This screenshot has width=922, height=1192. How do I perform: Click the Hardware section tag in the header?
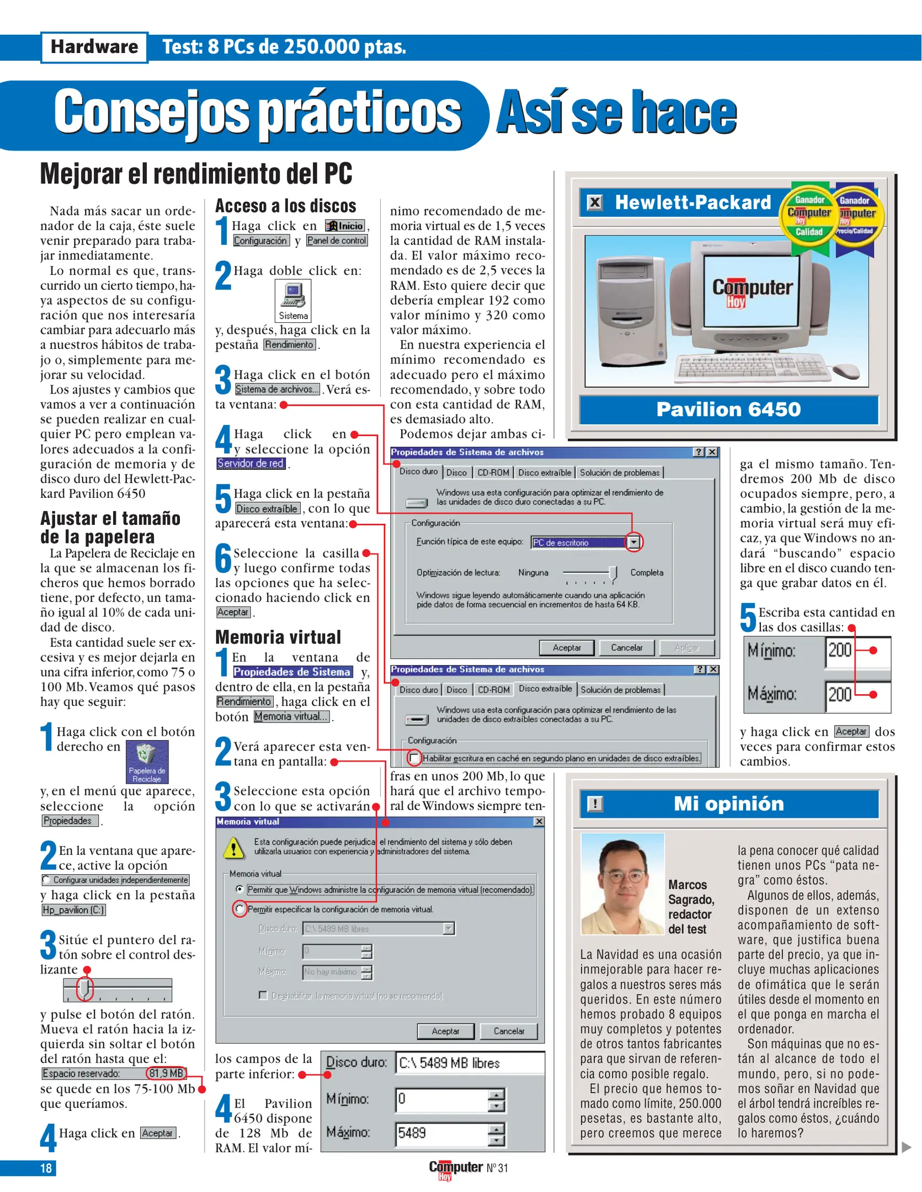(x=94, y=47)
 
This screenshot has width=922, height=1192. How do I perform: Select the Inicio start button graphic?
(x=345, y=226)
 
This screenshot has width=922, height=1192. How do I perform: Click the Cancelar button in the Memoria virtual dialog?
(x=508, y=1031)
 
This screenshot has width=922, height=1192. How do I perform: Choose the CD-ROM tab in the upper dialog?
(x=493, y=472)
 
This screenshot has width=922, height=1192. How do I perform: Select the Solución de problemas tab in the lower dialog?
(x=620, y=690)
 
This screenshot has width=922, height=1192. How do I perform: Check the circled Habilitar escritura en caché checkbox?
(x=414, y=758)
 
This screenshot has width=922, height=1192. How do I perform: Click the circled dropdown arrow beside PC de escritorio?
(x=634, y=542)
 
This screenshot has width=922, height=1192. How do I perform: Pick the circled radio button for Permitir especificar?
(x=239, y=908)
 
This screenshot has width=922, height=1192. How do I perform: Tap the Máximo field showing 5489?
(x=441, y=1133)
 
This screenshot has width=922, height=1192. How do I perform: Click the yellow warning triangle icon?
(x=234, y=848)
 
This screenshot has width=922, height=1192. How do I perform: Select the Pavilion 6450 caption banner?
(x=728, y=409)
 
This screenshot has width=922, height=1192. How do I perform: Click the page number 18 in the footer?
(x=46, y=1168)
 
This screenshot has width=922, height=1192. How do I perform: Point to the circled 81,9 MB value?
(x=166, y=1073)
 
